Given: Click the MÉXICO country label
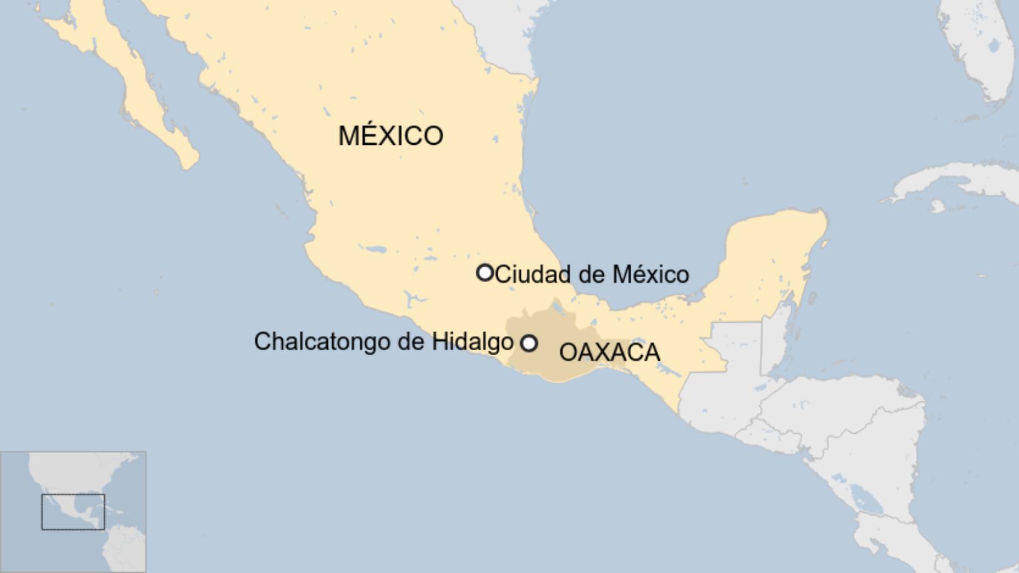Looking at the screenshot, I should [391, 135].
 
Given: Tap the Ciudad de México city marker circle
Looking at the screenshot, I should [485, 273].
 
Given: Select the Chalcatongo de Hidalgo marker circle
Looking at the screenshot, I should [529, 343].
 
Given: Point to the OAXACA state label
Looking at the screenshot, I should [609, 352].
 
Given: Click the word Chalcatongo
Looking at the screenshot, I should [322, 341].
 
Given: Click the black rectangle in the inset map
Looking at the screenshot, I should [73, 512].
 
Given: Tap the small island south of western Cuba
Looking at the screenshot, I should [936, 206].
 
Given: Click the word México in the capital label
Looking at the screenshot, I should [650, 274].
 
